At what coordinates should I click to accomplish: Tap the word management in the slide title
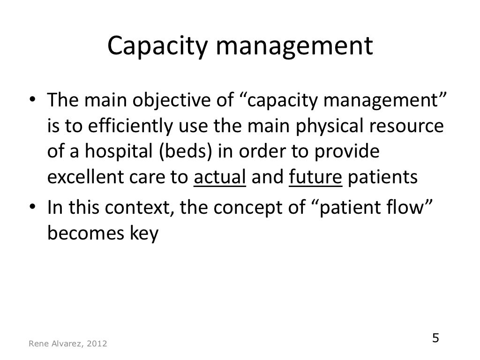pyautogui.click(x=289, y=47)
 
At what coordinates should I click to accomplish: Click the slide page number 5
pyautogui.click(x=435, y=338)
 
